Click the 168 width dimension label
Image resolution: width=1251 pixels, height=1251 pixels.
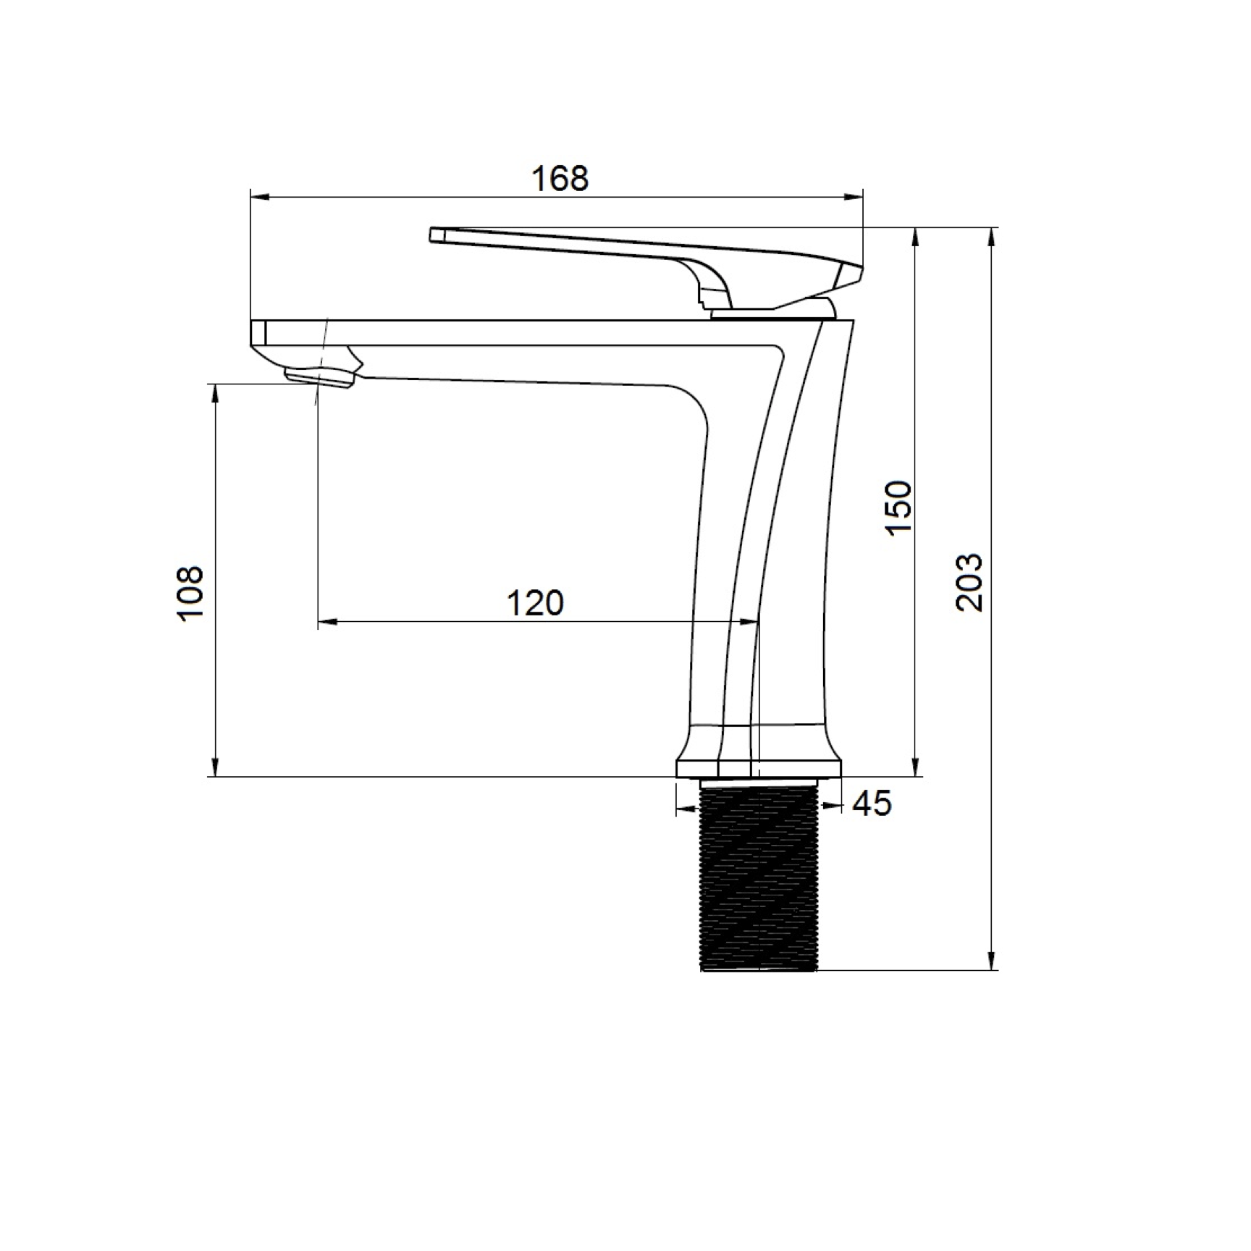(x=560, y=178)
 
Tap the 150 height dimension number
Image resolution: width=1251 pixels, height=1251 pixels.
(x=899, y=507)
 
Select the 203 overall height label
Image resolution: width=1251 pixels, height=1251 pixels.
(x=970, y=583)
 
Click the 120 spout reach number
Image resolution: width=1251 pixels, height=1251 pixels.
(x=534, y=603)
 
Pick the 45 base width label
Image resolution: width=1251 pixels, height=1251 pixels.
(x=872, y=804)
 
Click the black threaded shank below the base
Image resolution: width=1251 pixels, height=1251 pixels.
(x=759, y=877)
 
